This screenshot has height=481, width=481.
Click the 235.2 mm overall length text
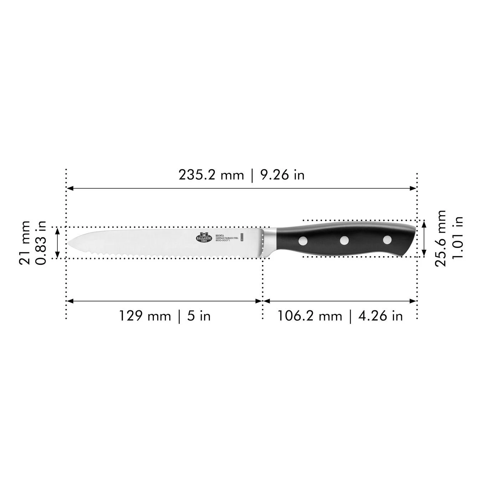pyautogui.click(x=211, y=175)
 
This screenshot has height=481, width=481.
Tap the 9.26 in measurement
pyautogui.click(x=283, y=175)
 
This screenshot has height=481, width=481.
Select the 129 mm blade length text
pyautogui.click(x=144, y=316)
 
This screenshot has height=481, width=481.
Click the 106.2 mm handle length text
pyautogui.click(x=310, y=316)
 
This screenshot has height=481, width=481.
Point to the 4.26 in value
pyautogui.click(x=381, y=316)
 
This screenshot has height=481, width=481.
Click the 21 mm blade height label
pyautogui.click(x=25, y=242)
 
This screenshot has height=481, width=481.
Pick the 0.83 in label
pyautogui.click(x=41, y=242)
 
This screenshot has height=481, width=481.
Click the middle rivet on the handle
pyautogui.click(x=344, y=240)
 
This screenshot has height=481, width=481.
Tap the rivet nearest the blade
pyautogui.click(x=303, y=241)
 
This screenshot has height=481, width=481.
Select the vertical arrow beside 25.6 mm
pyautogui.click(x=424, y=238)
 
